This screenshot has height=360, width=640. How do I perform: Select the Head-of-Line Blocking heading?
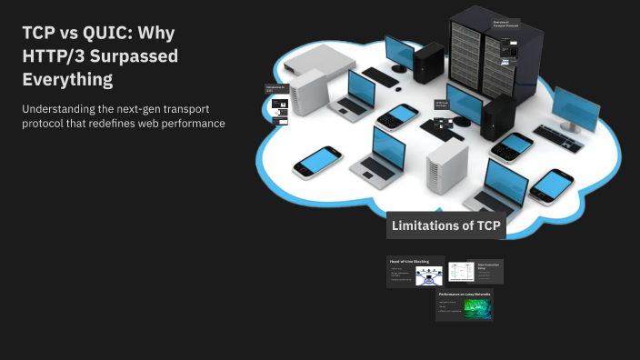(x=409, y=261)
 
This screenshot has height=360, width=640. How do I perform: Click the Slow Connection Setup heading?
(x=488, y=265)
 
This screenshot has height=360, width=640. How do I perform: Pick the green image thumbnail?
(x=478, y=308)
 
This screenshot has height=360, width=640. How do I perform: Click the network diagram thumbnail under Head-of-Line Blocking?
(x=429, y=275)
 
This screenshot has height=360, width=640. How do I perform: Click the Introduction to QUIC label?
(x=275, y=89)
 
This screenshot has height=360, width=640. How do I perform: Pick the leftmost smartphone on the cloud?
(x=317, y=163)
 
